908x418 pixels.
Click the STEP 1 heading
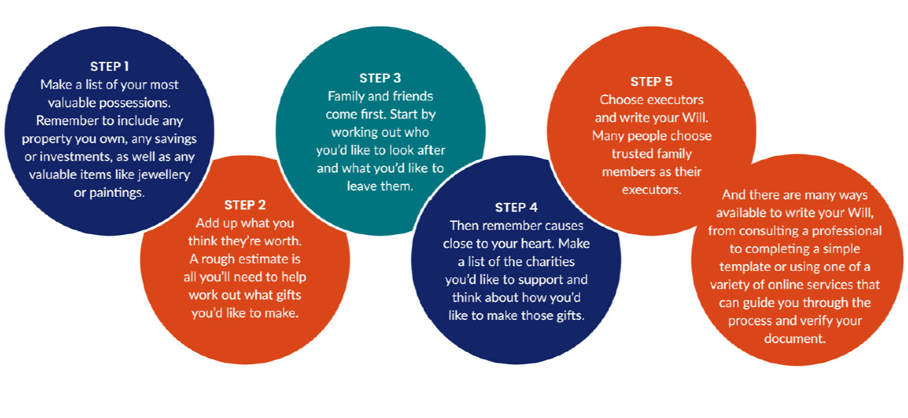pyautogui.click(x=109, y=67)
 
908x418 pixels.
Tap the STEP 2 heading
pyautogui.click(x=245, y=205)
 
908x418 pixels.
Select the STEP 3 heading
pyautogui.click(x=380, y=78)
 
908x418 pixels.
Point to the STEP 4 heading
pyautogui.click(x=515, y=208)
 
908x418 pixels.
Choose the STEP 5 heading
pyautogui.click(x=651, y=82)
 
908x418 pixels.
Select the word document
pyautogui.click(x=794, y=338)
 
